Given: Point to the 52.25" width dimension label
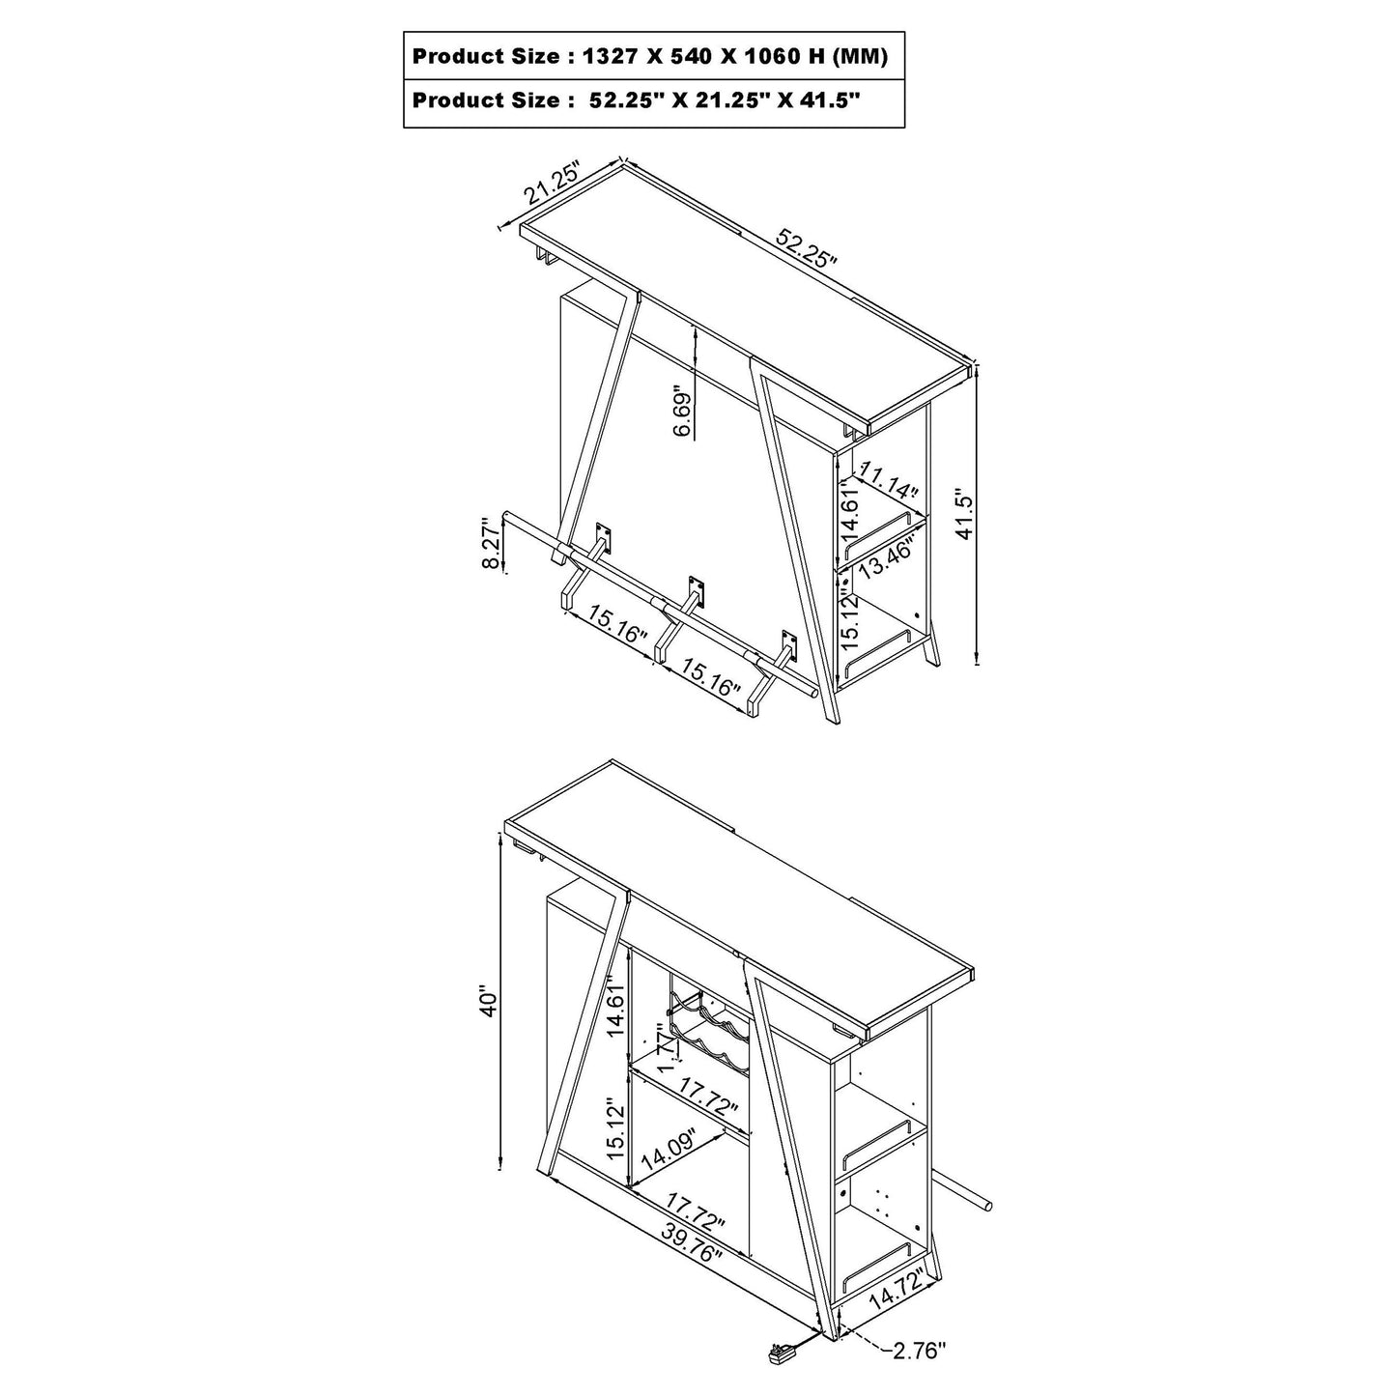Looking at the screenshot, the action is tap(807, 247).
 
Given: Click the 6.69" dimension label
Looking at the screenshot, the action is tap(683, 410).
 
